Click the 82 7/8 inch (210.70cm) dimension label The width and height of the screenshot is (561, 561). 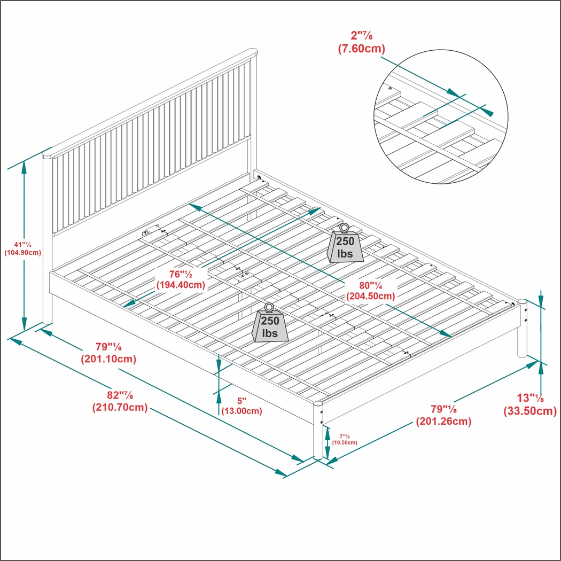[120, 401]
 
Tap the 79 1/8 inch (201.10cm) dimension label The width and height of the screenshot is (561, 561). [108, 353]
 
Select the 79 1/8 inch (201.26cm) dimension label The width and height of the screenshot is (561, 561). [443, 415]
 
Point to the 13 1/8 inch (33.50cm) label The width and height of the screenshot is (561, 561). [530, 404]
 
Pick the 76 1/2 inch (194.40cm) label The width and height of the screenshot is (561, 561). [181, 279]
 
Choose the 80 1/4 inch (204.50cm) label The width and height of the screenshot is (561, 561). [370, 290]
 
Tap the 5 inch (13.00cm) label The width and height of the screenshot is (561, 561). [241, 406]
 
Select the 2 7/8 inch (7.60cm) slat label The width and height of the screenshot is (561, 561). [361, 42]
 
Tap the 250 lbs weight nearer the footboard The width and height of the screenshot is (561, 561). [270, 326]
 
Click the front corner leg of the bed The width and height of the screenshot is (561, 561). [318, 431]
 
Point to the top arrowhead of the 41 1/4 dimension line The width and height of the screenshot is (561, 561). [24, 165]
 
